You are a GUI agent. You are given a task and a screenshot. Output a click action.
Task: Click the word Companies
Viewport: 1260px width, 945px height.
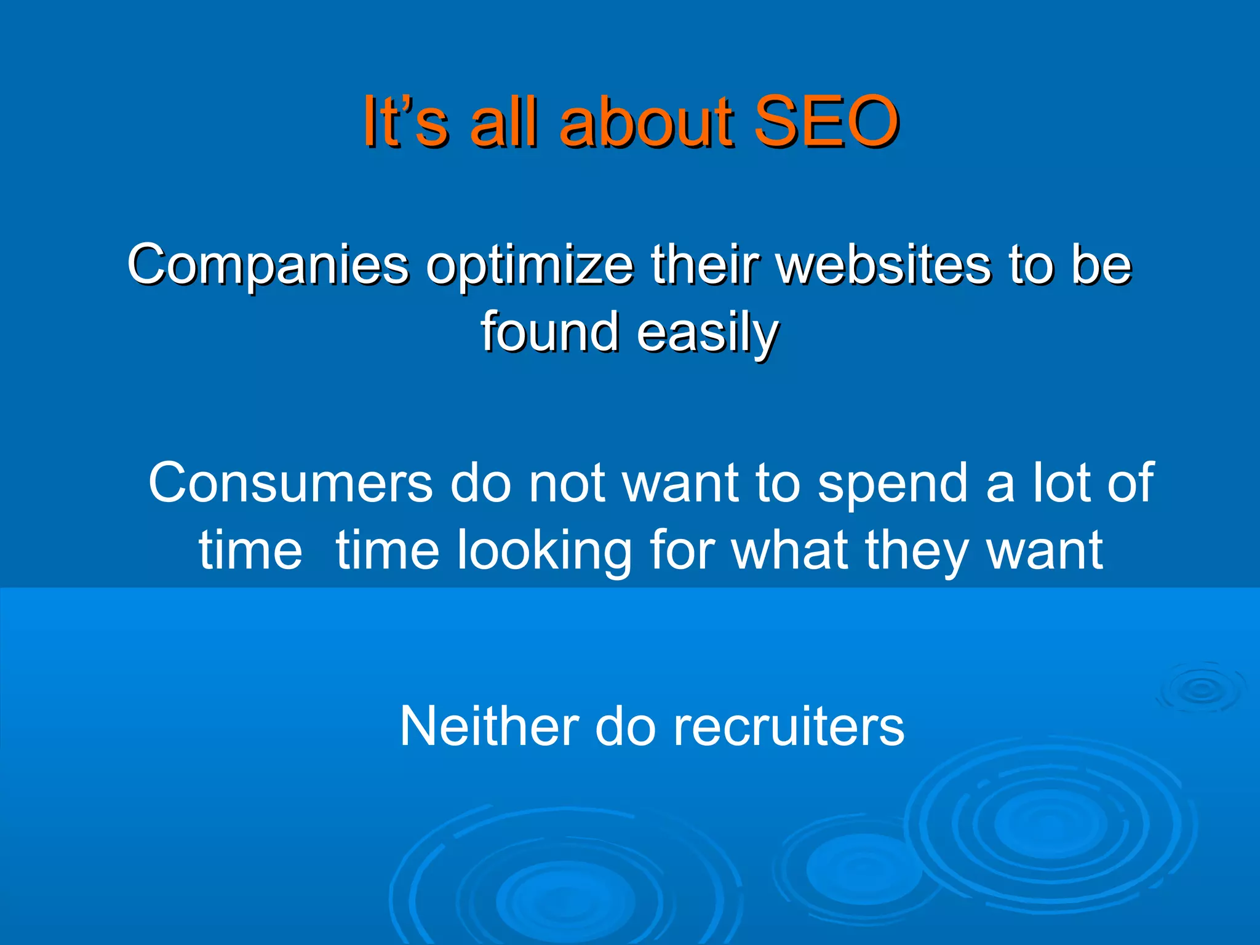coord(268,265)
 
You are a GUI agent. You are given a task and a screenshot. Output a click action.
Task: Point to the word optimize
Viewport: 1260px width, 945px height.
coord(530,266)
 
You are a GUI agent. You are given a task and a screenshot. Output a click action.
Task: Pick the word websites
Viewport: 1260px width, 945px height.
coord(883,265)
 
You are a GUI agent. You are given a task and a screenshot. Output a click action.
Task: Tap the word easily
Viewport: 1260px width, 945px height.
coord(708,333)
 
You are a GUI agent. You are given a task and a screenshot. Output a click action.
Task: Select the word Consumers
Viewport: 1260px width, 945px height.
coord(290,483)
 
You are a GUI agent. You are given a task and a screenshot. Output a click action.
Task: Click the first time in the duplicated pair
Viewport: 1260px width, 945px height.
coord(250,550)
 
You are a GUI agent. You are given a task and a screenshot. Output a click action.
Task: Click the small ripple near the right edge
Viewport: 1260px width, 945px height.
coord(1201,688)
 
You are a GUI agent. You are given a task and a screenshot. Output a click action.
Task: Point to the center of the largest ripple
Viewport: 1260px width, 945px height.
coord(1050,824)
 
